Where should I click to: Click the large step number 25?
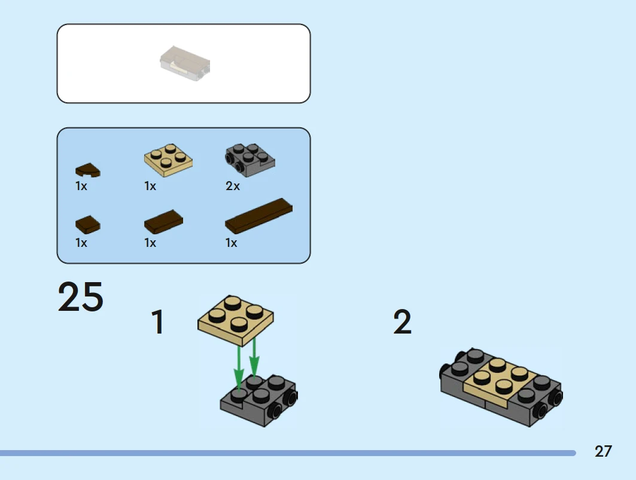coord(81,296)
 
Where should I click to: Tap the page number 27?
coord(603,451)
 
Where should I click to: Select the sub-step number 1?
coord(157,322)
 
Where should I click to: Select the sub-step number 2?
coord(403,322)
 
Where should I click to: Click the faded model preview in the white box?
coord(185,63)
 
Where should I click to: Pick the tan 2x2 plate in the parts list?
coord(168,160)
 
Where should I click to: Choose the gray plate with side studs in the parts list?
coord(250,160)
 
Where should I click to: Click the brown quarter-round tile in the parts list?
coord(87,170)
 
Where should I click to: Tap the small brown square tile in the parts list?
coord(87,225)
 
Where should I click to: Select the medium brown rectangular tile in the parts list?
coord(163,222)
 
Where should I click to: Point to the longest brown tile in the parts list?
coord(259,216)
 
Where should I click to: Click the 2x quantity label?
coord(233,186)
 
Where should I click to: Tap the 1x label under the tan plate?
coord(150,186)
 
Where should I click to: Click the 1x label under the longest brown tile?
coord(231,243)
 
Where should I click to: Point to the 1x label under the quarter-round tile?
coord(81,186)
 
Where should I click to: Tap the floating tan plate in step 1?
coord(236,320)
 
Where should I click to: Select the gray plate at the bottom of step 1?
coord(259,400)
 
